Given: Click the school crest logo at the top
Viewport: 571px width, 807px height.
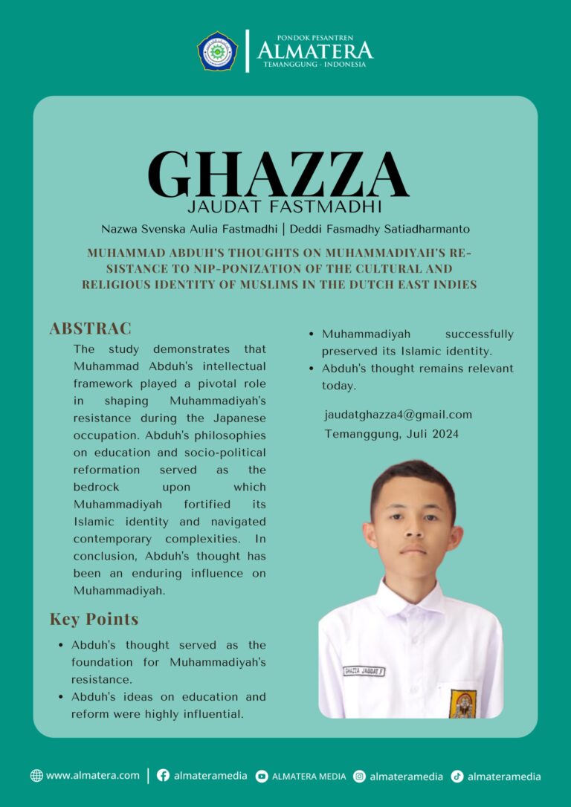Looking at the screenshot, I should pos(217,51).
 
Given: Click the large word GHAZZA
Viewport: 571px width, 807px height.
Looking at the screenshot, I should pos(278,175).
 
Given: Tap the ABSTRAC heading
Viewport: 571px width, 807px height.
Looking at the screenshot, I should pos(90,328).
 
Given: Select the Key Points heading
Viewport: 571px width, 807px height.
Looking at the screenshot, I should pos(94,619).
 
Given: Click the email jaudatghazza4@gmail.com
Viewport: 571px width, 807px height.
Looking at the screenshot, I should pos(398,415).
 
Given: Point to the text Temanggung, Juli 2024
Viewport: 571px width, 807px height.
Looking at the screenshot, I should pos(391,433).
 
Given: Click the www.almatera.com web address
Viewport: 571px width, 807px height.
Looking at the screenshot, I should pos(92,775).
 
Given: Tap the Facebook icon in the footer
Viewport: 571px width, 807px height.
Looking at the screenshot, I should pos(163,776).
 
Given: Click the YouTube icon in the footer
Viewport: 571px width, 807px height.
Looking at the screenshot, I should pos(262,776).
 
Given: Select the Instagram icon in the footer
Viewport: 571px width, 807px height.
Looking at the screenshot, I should pos(359,776).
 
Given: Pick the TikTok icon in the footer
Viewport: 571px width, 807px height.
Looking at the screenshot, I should pos(457,776).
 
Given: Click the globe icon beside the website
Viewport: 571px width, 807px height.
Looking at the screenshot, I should pos(36,776).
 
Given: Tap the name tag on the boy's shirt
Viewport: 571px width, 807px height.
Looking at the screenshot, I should pos(364,671).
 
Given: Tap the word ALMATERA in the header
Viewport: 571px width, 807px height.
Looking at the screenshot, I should pos(314,51).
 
